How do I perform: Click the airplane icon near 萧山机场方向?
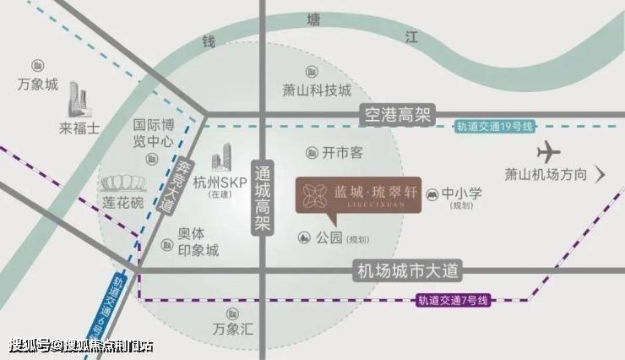coord(549,153)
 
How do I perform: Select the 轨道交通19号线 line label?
coord(495,127)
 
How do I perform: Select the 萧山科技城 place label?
coord(316,91)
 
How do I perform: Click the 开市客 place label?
coord(342,152)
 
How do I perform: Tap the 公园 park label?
coord(329,238)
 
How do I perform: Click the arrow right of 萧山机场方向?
coord(601,175)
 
